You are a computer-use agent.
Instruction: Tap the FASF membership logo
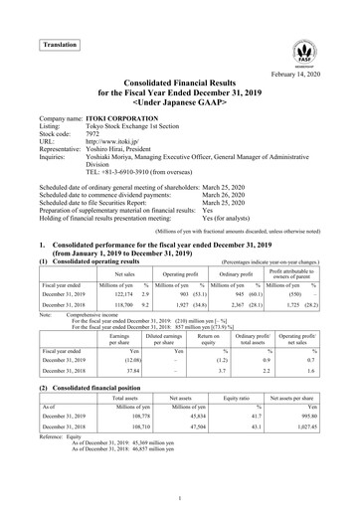pyautogui.click(x=305, y=55)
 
